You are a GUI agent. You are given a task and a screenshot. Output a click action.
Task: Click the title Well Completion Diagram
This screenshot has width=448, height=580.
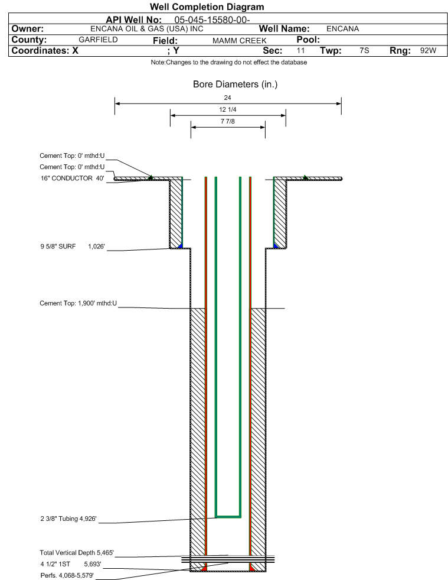tap(207, 7)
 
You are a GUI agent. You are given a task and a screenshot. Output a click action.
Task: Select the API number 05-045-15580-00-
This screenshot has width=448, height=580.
tap(212, 20)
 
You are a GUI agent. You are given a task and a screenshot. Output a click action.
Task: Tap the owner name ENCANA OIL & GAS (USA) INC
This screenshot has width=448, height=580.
tap(146, 29)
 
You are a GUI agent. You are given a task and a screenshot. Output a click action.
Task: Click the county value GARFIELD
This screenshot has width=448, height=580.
tap(98, 40)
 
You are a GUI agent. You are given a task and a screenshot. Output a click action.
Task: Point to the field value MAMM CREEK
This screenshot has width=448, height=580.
tap(239, 40)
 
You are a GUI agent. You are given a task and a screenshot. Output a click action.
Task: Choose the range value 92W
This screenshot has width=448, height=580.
tap(428, 50)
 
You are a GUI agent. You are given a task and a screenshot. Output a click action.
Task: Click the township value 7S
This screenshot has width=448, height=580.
tap(364, 50)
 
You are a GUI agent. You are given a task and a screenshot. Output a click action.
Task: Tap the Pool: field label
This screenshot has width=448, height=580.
tap(308, 40)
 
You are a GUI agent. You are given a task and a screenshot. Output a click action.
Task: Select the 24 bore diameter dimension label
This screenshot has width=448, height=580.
tap(227, 98)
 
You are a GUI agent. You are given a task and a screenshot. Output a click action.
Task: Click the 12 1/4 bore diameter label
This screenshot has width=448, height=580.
tap(227, 109)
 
